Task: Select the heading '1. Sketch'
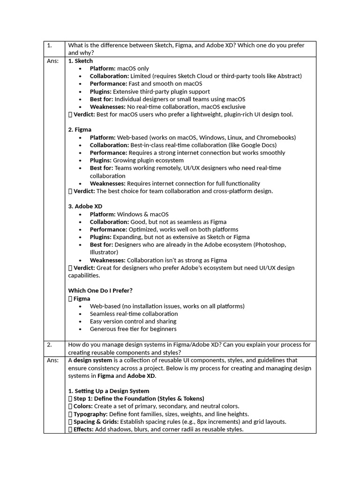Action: [x=81, y=61]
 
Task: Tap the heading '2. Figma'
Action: [x=80, y=129]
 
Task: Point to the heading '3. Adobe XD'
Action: [x=85, y=206]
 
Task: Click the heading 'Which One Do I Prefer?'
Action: [x=100, y=291]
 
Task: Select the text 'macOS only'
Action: [x=133, y=68]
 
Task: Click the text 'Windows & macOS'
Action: [x=142, y=214]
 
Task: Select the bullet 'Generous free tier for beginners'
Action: [x=133, y=329]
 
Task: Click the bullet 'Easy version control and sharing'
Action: [x=133, y=322]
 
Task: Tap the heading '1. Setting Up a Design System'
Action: [x=109, y=391]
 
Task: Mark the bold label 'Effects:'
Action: [x=84, y=429]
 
